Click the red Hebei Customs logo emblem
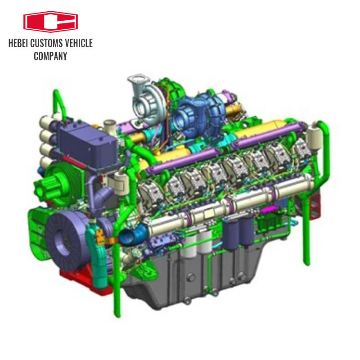[50, 22]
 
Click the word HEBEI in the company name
[20, 44]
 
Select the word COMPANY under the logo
[50, 56]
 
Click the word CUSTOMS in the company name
[46, 44]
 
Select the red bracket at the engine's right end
[315, 205]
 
